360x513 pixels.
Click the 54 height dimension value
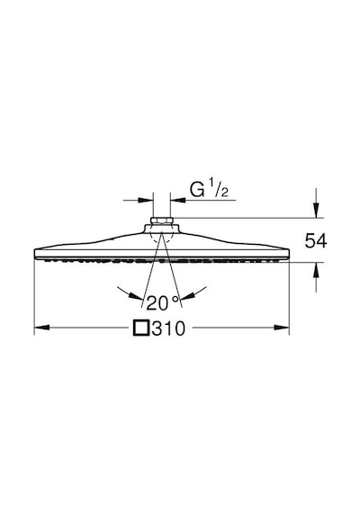point(316,241)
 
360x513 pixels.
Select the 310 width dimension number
point(168,328)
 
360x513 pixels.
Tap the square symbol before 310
point(141,328)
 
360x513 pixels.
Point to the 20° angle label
point(163,302)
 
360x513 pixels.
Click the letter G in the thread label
point(197,190)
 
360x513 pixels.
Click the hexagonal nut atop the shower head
point(161,220)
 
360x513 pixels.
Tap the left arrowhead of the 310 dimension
point(42,328)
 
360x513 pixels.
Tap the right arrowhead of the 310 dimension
point(282,328)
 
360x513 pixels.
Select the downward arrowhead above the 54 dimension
point(316,210)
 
